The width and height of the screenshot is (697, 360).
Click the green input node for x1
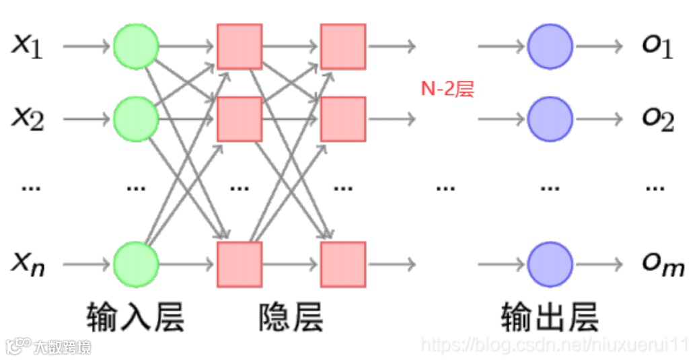136,46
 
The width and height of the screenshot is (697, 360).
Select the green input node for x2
136,119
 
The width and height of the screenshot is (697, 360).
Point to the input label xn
28,263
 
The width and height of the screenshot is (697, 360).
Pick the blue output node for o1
550,46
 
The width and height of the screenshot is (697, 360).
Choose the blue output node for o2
550,119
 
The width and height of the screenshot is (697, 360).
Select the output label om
662,264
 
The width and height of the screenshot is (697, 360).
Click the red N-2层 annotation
447,89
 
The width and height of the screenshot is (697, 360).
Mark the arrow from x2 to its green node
86,119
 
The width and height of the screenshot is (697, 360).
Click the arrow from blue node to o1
599,46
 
